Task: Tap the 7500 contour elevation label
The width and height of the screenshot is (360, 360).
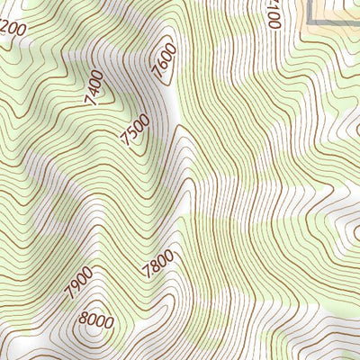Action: [134, 130]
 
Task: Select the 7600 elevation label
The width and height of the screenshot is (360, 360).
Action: [165, 62]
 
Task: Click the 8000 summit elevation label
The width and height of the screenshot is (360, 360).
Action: [95, 319]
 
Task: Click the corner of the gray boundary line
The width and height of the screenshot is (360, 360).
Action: [310, 19]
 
